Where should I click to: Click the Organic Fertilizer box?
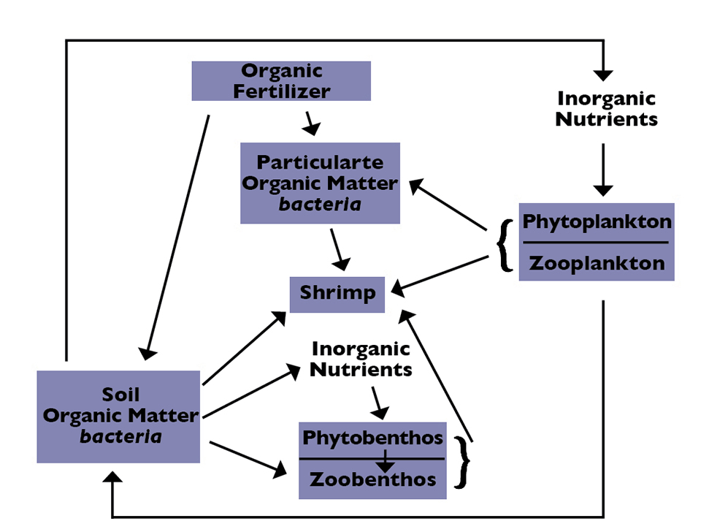click(281, 81)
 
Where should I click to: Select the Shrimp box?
click(337, 294)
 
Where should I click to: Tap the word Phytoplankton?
click(597, 221)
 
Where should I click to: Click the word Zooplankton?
click(597, 263)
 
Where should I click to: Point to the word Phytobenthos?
click(372, 438)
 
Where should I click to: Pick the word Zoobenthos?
click(372, 479)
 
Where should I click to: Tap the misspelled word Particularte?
click(320, 162)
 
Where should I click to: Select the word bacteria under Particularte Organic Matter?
click(320, 204)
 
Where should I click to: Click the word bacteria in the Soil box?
click(120, 437)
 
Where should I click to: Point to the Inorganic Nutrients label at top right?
click(606, 109)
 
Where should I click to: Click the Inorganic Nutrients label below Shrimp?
click(361, 359)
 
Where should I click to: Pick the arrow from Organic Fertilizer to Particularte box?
click(312, 123)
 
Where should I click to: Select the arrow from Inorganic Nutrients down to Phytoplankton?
click(602, 170)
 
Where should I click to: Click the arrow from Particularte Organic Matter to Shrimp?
click(337, 248)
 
